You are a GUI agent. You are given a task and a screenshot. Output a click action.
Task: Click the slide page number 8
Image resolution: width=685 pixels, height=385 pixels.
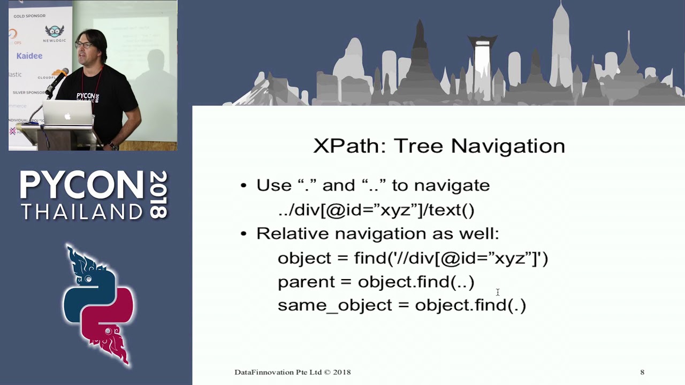coord(642,372)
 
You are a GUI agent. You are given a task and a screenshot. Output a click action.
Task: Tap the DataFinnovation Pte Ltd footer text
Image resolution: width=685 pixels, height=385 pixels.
coord(292,372)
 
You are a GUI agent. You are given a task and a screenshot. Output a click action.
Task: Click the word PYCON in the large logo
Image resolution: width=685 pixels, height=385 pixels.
coord(82,186)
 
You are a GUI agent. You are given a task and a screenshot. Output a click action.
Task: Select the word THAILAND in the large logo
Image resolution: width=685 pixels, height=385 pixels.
coord(82,212)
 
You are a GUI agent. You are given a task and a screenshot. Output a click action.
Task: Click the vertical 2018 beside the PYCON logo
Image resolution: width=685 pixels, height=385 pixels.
coord(159,195)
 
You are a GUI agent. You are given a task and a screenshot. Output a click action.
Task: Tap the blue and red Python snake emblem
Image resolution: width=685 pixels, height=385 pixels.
coord(99,305)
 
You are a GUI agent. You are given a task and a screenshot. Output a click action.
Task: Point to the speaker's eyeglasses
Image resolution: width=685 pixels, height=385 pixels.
coord(84,44)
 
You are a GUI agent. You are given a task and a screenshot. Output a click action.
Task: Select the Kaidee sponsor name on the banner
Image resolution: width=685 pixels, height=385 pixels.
coord(29,56)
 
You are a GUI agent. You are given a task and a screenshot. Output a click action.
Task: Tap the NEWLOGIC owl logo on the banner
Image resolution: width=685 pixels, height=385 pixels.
coord(54,32)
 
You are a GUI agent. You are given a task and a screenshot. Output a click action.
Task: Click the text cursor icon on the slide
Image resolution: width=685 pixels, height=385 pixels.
coord(498,292)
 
